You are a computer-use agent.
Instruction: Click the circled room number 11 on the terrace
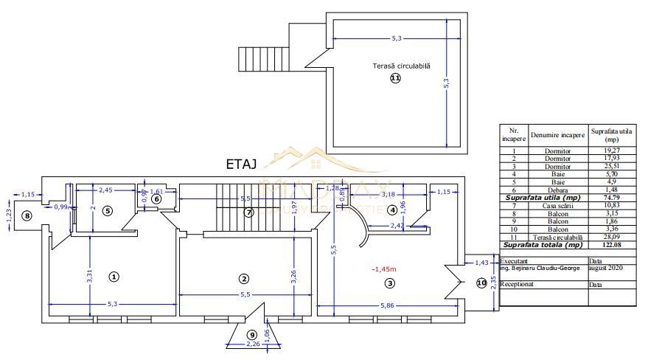pyautogui.click(x=396, y=78)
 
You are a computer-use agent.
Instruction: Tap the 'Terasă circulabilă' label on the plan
pyautogui.click(x=401, y=66)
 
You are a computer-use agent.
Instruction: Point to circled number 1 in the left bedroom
pyautogui.click(x=114, y=276)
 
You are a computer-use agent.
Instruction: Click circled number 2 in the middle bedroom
pyautogui.click(x=244, y=278)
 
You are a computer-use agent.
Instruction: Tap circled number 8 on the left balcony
pyautogui.click(x=27, y=215)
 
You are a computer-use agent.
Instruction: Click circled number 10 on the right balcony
pyautogui.click(x=481, y=283)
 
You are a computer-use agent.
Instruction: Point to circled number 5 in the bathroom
pyautogui.click(x=107, y=211)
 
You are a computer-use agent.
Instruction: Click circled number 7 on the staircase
pyautogui.click(x=248, y=212)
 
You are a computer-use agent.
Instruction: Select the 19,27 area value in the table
pyautogui.click(x=611, y=150)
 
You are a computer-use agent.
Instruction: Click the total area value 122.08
pyautogui.click(x=611, y=244)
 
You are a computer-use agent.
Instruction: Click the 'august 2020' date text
pyautogui.click(x=607, y=269)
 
